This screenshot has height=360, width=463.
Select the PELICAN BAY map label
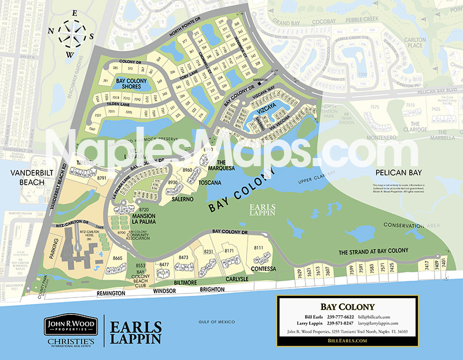pyautogui.click(x=397, y=172)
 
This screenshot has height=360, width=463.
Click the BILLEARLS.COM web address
pyautogui.click(x=347, y=341)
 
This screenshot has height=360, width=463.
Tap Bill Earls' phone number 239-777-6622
pyautogui.click(x=341, y=318)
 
